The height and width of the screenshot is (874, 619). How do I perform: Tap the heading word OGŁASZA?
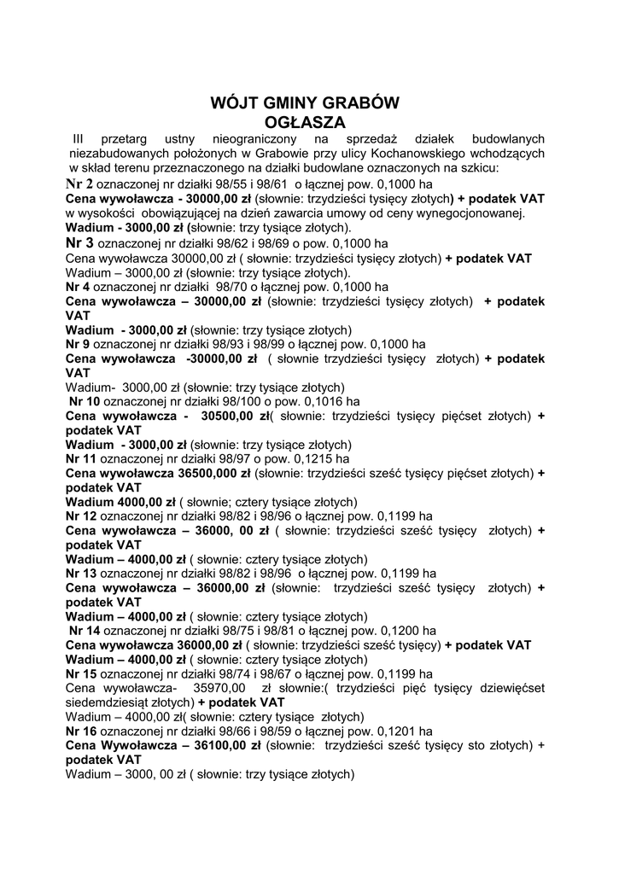coord(305,121)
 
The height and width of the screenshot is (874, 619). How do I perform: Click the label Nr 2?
coord(79,184)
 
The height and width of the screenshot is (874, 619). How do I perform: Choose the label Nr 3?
coord(81,243)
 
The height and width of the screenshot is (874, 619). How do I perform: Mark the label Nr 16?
coord(81,731)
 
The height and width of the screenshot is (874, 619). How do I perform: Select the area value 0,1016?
coord(328,400)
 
